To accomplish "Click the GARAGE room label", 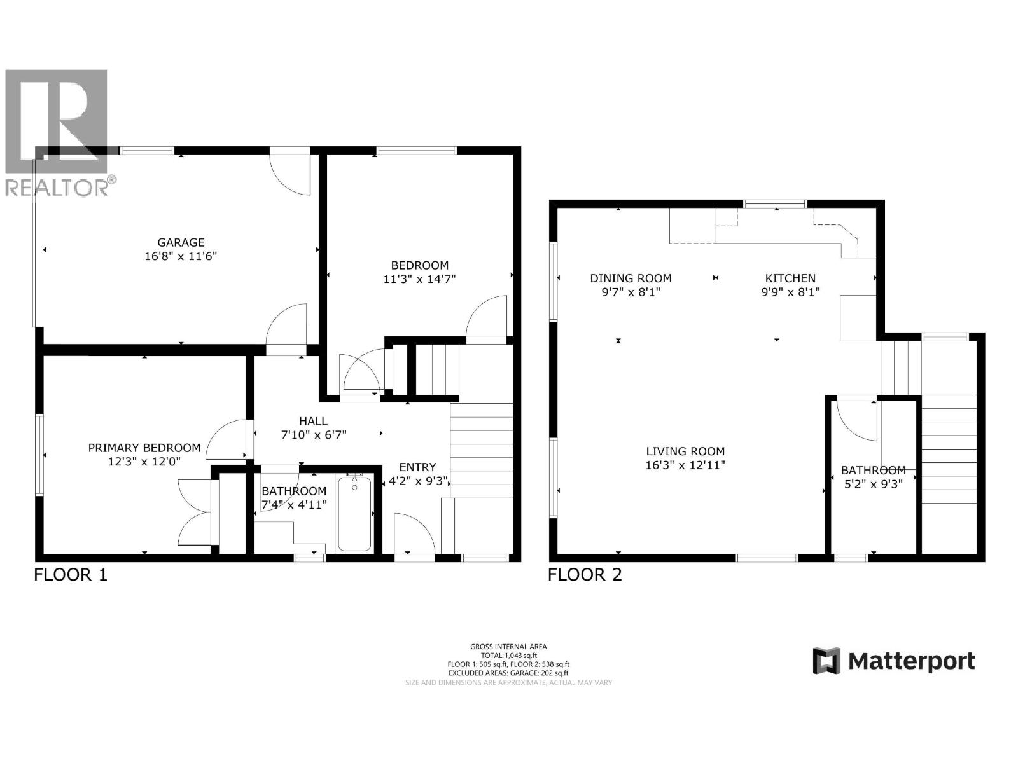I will (181, 242).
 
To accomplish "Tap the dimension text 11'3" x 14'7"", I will (419, 278).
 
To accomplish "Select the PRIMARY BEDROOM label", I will (144, 448).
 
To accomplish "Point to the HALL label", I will (313, 421).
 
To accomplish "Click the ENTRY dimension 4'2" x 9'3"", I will (418, 481).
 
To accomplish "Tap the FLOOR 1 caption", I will (71, 575).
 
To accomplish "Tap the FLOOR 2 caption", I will (585, 575).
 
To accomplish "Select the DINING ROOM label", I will (631, 278).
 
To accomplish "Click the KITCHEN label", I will (790, 278).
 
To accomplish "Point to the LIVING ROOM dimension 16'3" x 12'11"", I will (685, 465).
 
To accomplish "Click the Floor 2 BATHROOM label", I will (873, 471).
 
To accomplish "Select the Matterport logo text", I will (911, 661).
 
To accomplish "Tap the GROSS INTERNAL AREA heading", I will (508, 647).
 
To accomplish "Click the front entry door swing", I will (414, 534).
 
